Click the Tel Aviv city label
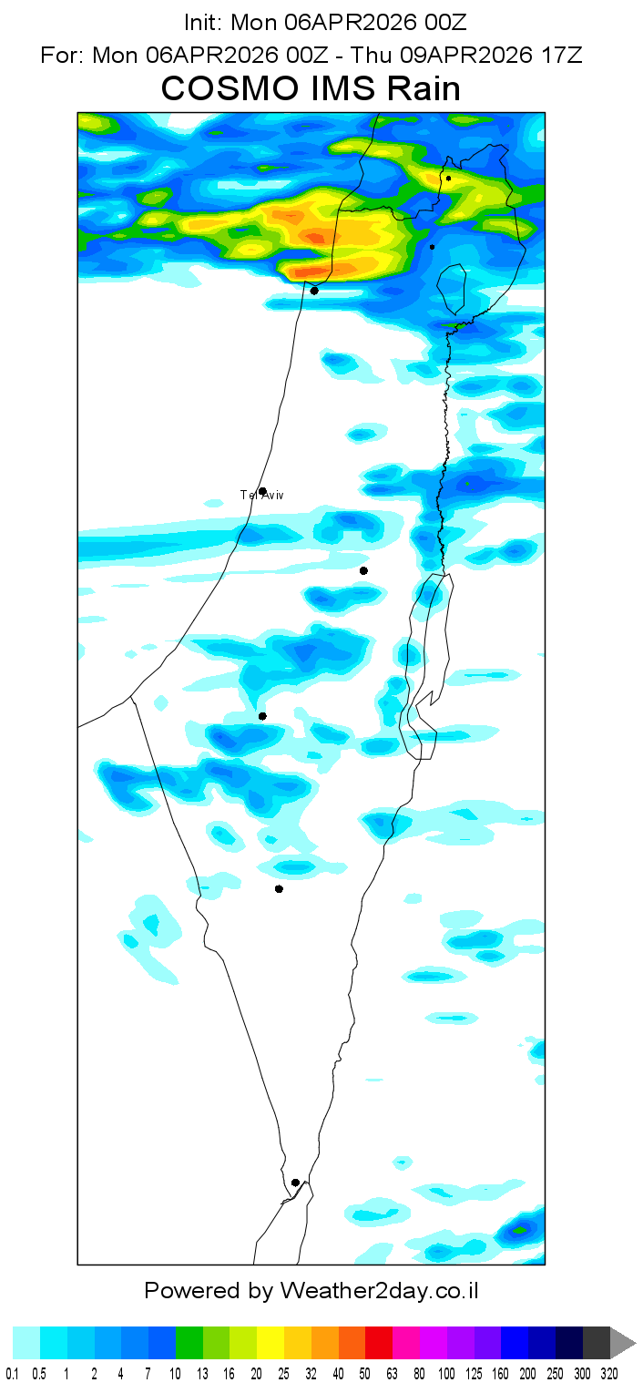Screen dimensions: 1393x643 pyautogui.click(x=261, y=495)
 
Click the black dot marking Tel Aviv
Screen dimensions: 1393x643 pyautogui.click(x=262, y=491)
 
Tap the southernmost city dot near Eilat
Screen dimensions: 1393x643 pyautogui.click(x=295, y=1183)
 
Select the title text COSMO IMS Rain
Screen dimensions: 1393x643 pyautogui.click(x=311, y=89)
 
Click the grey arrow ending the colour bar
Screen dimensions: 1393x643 pyautogui.click(x=622, y=1343)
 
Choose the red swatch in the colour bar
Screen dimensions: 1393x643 pyautogui.click(x=379, y=1343)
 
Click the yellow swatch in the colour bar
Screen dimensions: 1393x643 pyautogui.click(x=270, y=1343)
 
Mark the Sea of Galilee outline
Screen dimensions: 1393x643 pyautogui.click(x=453, y=290)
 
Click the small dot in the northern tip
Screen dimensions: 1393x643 pyautogui.click(x=448, y=179)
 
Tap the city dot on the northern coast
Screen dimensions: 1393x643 pyautogui.click(x=314, y=292)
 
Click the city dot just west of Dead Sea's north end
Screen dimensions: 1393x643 pyautogui.click(x=363, y=570)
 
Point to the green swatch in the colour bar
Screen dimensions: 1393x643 pyautogui.click(x=189, y=1343)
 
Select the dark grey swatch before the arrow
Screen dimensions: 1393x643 pyautogui.click(x=596, y=1343)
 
